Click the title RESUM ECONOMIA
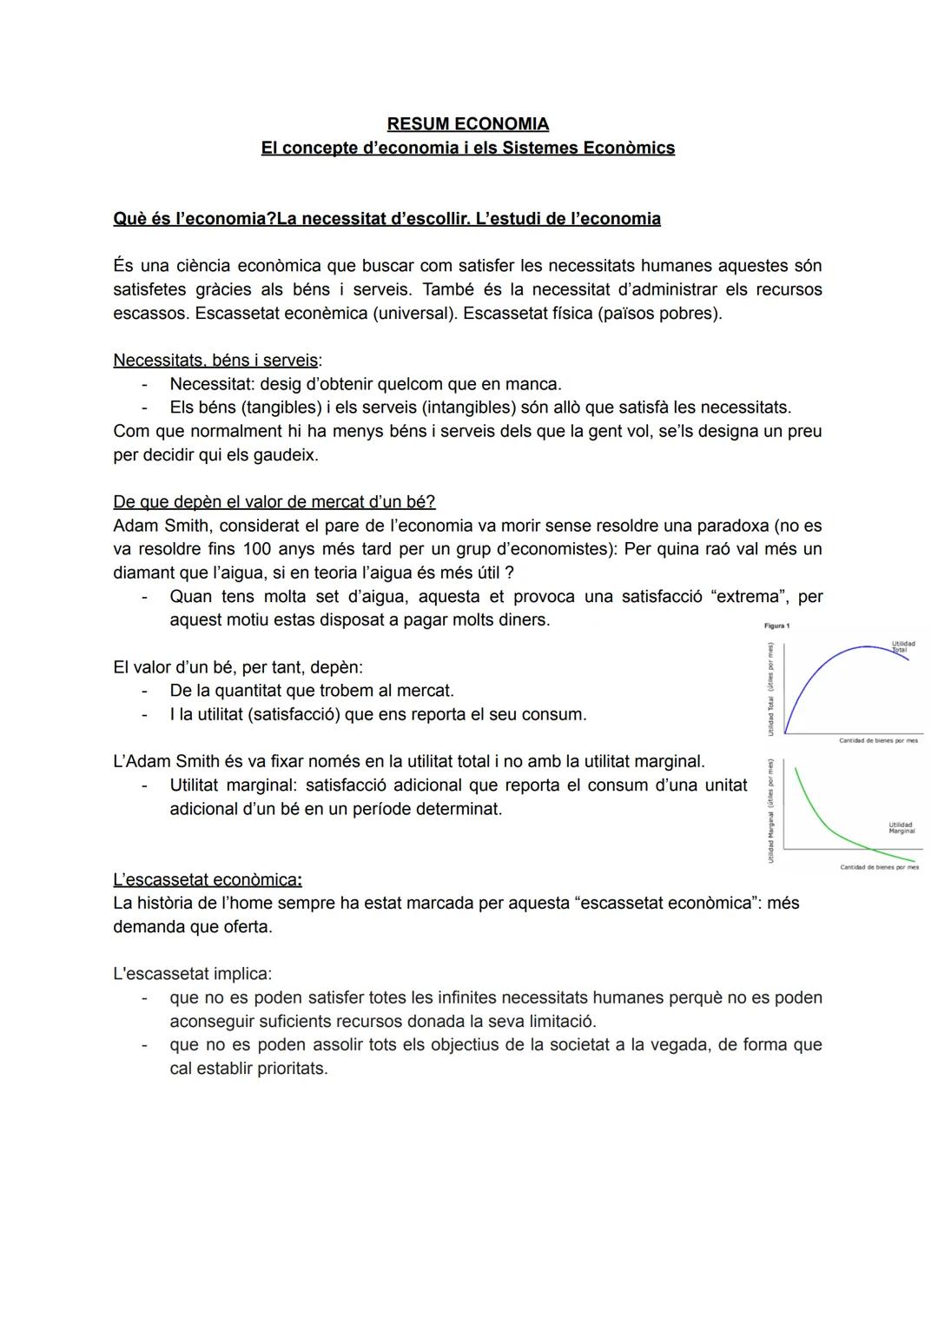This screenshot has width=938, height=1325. point(467,124)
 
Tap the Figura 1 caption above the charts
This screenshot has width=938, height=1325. point(776,626)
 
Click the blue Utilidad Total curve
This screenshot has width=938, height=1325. point(825,665)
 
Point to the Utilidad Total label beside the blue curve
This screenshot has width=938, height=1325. point(902,646)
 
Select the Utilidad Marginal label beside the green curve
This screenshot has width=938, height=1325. point(901,828)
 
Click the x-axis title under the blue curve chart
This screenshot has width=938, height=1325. point(877,741)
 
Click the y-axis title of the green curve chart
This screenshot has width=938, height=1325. point(770,811)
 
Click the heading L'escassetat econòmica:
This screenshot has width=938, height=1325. point(208,879)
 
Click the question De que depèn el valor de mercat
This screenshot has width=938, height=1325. point(274,502)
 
